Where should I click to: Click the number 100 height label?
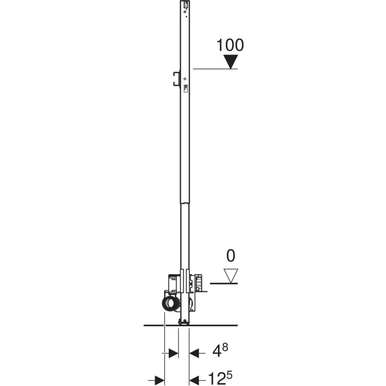230,45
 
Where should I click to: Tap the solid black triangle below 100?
231,62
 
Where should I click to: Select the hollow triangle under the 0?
231,276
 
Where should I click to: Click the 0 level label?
231,256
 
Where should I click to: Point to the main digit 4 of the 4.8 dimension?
217,353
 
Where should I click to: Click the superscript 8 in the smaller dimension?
225,347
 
